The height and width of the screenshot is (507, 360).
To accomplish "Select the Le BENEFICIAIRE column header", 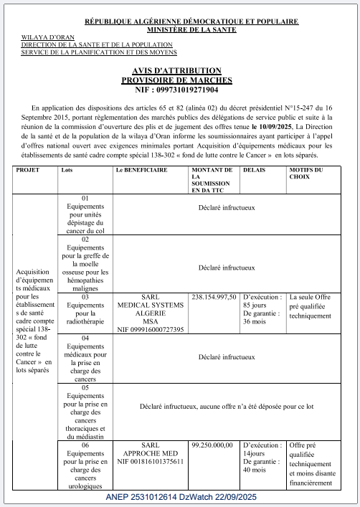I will pos(141,171).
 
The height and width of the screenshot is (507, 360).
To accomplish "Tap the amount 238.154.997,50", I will pos(213,296).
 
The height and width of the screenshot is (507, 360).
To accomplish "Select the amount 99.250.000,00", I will pos(212,445).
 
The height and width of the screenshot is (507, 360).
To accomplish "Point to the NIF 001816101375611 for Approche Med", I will pos(151,462).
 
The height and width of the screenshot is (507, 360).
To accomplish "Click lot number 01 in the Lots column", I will pos(85,198).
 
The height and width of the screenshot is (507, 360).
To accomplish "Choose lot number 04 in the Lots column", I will pos(85,338).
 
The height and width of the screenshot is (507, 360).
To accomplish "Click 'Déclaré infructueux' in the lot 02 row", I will pos(226,267).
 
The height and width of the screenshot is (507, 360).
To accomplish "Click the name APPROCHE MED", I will pos(151,454).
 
